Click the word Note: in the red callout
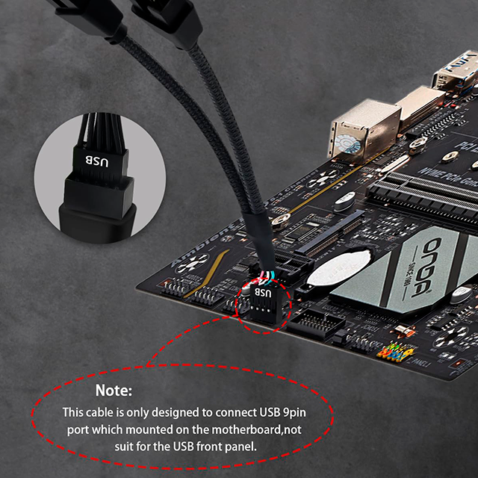[x=114, y=391]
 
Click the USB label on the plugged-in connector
[x=263, y=294]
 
